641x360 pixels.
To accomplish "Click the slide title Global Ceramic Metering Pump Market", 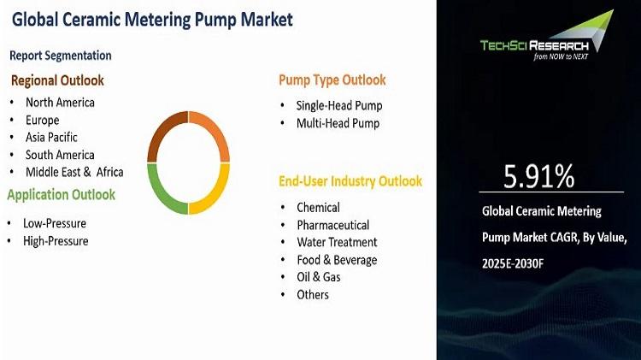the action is coord(152,20).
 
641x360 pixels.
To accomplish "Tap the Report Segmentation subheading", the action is coord(61,56).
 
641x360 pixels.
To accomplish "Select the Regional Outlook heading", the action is coord(57,80).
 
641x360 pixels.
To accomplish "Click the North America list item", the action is coord(60,103).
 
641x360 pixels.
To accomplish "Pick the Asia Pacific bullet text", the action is coord(51,137).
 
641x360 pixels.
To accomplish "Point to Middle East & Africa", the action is coord(74,172).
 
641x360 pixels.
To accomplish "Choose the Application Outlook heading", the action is coord(62,195).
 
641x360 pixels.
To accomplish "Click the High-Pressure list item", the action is coord(56,241).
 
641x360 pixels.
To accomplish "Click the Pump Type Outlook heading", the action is coord(332,80).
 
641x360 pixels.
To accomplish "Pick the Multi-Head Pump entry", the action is coord(338,123).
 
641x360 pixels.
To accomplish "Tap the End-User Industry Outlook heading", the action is coord(350,181).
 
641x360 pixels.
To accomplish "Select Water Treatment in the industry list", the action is coord(337,242).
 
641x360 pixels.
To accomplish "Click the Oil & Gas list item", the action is coord(319,277).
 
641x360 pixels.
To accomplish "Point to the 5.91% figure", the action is coord(538,176).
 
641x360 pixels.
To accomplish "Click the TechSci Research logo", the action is coord(547,36).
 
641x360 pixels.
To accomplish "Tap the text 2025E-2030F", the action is coord(513,263).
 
